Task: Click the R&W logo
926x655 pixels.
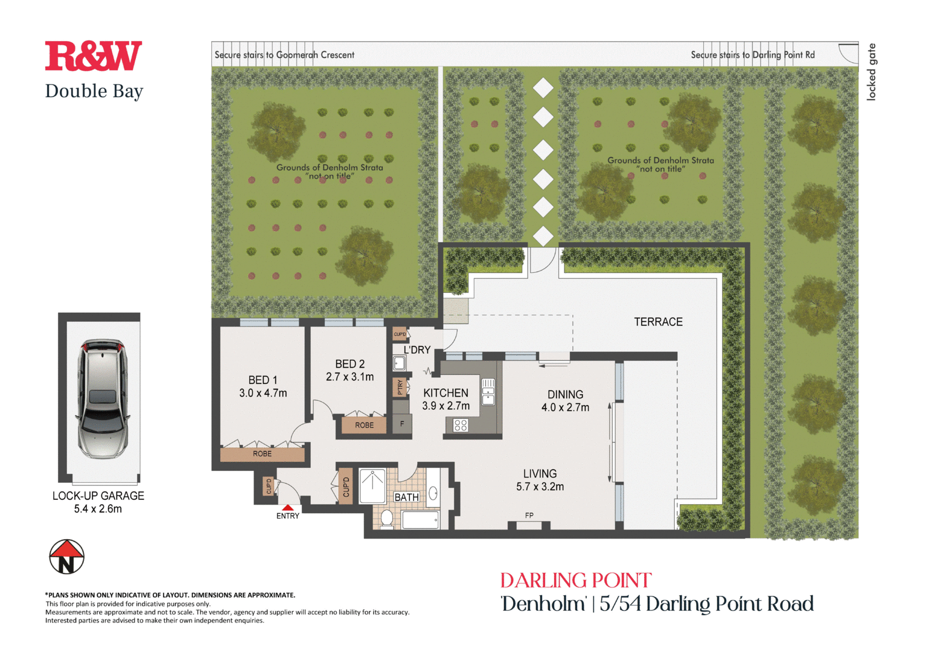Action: [94, 56]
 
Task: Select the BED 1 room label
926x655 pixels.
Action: [263, 380]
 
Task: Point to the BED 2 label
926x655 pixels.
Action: [350, 364]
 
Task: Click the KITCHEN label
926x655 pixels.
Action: [445, 393]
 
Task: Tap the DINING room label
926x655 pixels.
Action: [565, 395]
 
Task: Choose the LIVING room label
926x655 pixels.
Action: [540, 474]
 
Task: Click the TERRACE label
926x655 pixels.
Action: [658, 322]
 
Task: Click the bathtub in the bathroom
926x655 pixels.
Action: [420, 520]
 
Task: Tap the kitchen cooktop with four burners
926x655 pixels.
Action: [461, 425]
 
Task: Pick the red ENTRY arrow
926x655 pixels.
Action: [288, 508]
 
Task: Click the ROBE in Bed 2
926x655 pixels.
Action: [364, 425]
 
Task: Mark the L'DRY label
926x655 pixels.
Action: [417, 350]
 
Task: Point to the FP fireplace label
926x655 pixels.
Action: [529, 516]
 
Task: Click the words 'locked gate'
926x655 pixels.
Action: [871, 72]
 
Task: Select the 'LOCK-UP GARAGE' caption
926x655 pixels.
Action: [98, 496]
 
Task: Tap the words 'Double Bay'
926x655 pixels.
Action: [94, 91]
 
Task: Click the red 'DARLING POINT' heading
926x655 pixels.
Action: [576, 581]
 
